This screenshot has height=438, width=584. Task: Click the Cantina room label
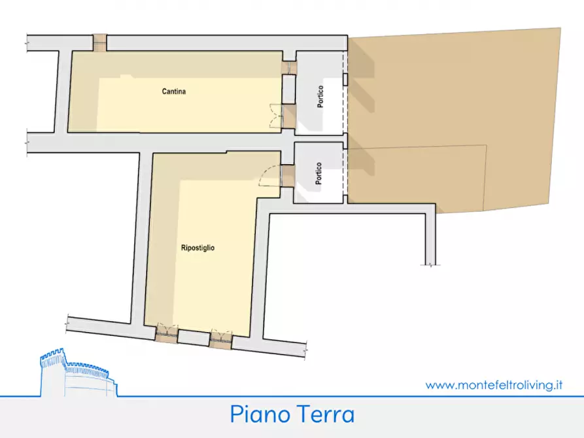coord(174,92)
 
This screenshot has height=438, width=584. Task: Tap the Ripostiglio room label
coord(198,248)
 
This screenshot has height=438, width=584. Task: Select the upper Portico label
coord(320,106)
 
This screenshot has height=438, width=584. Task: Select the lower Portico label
coord(318,174)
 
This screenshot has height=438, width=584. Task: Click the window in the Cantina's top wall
coord(99,42)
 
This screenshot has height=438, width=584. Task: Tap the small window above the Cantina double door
coord(288,68)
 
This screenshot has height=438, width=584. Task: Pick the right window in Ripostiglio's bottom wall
coord(221,339)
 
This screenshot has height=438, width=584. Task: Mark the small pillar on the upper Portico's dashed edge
coord(345,80)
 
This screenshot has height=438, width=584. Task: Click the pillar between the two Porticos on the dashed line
coord(345,138)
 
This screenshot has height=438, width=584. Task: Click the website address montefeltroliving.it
coord(494,385)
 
